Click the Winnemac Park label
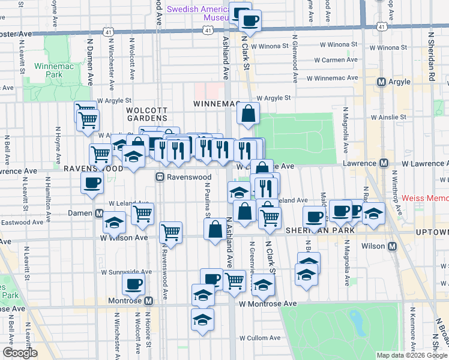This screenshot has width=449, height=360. coord(53,70)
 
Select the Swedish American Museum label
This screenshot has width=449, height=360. coord(198,13)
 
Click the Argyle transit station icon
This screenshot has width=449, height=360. coord(381,82)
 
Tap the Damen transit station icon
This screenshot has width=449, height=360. coord(99,214)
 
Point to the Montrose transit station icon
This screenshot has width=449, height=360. coord(148,300)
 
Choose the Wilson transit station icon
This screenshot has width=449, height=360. coord(392,246)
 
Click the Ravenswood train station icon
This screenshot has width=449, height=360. coord(160,177)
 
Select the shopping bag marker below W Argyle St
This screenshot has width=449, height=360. coord(248,113)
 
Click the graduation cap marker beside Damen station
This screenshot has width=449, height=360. coord(114,223)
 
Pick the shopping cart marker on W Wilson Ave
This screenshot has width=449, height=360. coord(172,232)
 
